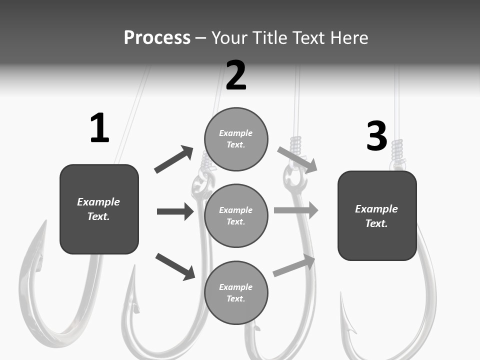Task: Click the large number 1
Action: tap(99, 128)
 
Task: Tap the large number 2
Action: tap(236, 75)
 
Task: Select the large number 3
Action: tap(376, 136)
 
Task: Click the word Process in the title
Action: tap(157, 37)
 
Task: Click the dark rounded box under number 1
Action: tap(99, 209)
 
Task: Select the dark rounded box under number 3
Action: tap(377, 215)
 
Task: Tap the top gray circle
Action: tap(236, 139)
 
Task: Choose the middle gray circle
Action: tap(236, 215)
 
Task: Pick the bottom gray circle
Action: tap(236, 292)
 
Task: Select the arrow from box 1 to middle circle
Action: tap(175, 211)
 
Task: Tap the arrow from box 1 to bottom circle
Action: tap(175, 266)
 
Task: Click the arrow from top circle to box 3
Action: tap(297, 159)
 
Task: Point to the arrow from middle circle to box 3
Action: tap(296, 210)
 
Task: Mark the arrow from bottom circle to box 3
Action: tap(294, 265)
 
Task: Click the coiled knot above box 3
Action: tap(397, 150)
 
